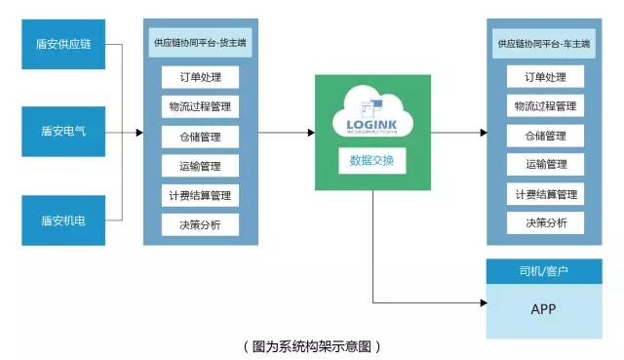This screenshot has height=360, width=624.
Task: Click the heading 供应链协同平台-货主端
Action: pyautogui.click(x=200, y=42)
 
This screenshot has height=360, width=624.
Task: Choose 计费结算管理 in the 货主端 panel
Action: pyautogui.click(x=200, y=195)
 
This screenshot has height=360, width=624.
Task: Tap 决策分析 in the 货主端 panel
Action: pyautogui.click(x=200, y=223)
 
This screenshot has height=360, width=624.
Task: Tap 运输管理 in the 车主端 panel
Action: pyautogui.click(x=545, y=165)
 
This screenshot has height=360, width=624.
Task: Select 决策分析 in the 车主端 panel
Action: pyautogui.click(x=545, y=223)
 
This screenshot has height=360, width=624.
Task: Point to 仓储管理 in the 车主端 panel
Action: pyautogui.click(x=545, y=136)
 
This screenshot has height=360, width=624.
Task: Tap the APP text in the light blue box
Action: pyautogui.click(x=544, y=308)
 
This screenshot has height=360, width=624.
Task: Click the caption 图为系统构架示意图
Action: pyautogui.click(x=311, y=345)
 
